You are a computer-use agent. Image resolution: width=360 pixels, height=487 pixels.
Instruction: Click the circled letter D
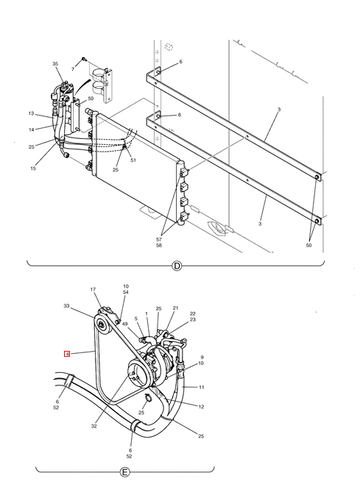click(177, 266)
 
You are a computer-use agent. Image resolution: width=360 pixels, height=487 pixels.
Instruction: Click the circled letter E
click(124, 472)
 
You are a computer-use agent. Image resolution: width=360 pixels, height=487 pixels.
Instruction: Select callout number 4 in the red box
click(67, 354)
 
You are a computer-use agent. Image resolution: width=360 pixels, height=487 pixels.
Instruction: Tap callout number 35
click(55, 64)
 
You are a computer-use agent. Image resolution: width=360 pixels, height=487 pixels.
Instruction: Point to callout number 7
click(73, 69)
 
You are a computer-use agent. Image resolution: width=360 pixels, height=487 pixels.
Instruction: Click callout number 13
click(31, 113)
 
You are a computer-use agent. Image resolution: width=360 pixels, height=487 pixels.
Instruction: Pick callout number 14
click(32, 129)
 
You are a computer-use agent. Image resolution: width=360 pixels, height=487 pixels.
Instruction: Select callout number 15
click(33, 168)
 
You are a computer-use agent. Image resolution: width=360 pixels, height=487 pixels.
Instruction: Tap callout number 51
click(133, 160)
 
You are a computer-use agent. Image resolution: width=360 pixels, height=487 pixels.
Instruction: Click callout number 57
click(159, 240)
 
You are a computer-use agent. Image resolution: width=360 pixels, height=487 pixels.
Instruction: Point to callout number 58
click(159, 246)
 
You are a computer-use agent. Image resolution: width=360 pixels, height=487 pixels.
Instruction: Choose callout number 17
click(93, 289)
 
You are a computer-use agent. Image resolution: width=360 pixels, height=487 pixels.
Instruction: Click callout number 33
click(66, 306)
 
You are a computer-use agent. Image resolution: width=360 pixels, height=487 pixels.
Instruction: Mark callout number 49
click(125, 324)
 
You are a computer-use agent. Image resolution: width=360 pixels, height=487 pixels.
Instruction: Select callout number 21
click(176, 308)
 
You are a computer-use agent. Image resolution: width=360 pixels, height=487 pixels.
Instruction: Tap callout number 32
click(94, 427)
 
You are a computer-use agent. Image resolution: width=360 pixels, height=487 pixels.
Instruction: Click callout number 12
click(201, 407)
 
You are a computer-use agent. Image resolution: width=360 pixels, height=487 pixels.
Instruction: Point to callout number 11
click(202, 387)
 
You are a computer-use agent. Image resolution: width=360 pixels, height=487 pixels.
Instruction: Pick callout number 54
click(126, 292)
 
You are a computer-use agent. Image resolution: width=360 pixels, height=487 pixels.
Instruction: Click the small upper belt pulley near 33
click(102, 325)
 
